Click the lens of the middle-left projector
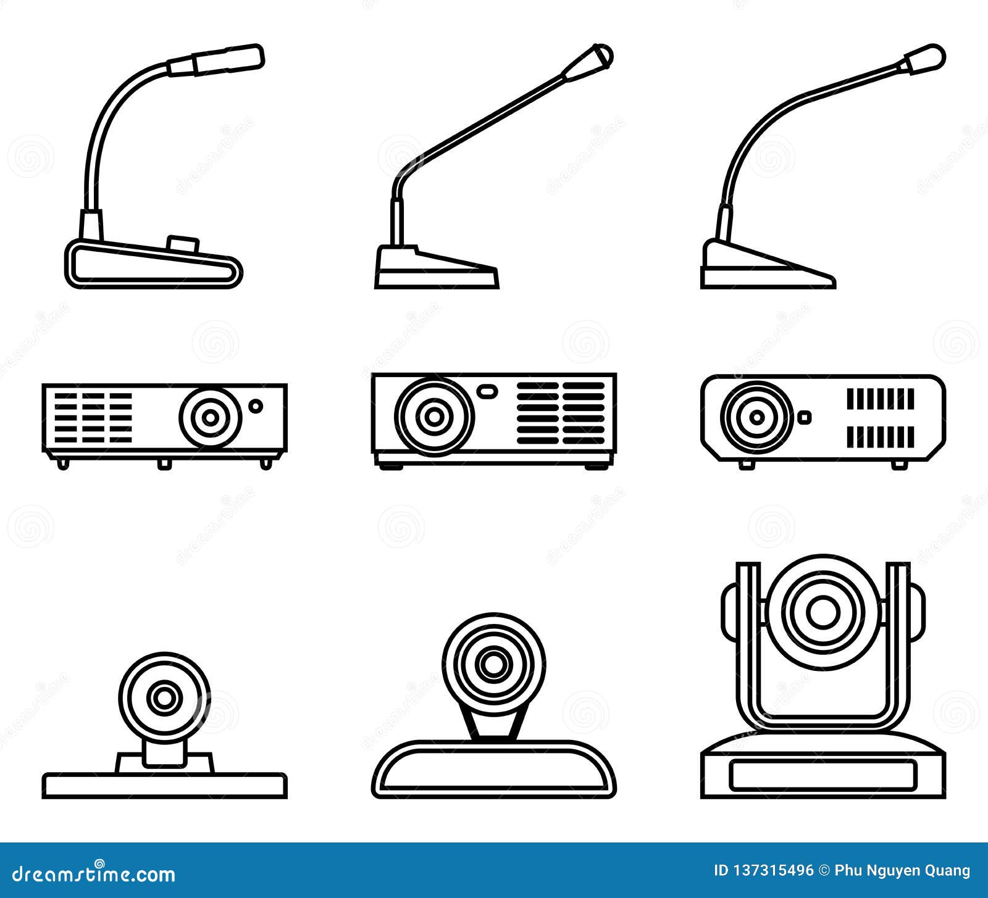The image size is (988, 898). [x=210, y=417]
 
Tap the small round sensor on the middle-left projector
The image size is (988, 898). [x=255, y=405]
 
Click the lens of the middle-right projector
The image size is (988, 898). [x=757, y=417]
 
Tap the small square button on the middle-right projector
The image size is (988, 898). [x=804, y=417]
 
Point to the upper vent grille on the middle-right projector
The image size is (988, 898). [x=880, y=399]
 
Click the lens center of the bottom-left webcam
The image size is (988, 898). [x=164, y=698]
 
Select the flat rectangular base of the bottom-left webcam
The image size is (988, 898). [x=164, y=786]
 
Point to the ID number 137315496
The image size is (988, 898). [x=771, y=871]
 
